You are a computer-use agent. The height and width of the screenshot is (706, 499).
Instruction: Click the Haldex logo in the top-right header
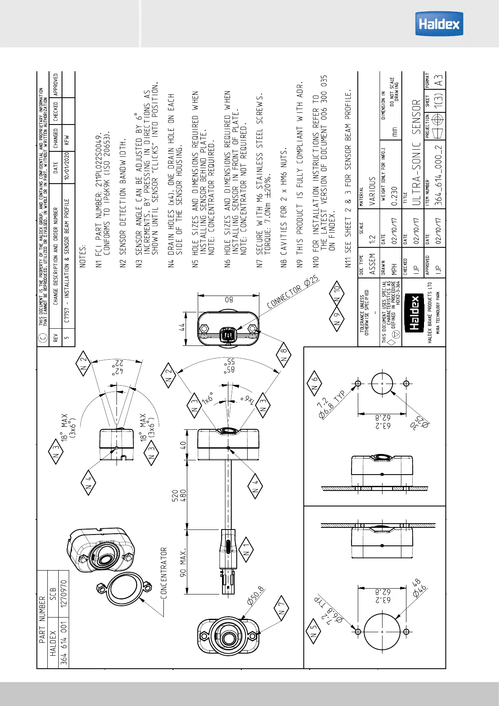[x=439, y=24]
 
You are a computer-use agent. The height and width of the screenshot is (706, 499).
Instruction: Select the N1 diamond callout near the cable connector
[x=246, y=553]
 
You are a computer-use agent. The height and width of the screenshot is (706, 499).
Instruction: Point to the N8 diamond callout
[x=284, y=355]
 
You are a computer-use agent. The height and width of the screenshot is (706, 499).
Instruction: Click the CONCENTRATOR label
[x=163, y=573]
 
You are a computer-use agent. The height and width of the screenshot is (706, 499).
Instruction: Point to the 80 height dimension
[x=229, y=300]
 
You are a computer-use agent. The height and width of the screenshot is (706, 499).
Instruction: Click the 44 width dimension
[x=182, y=327]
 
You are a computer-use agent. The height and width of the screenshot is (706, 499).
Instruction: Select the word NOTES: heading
[x=83, y=256]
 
